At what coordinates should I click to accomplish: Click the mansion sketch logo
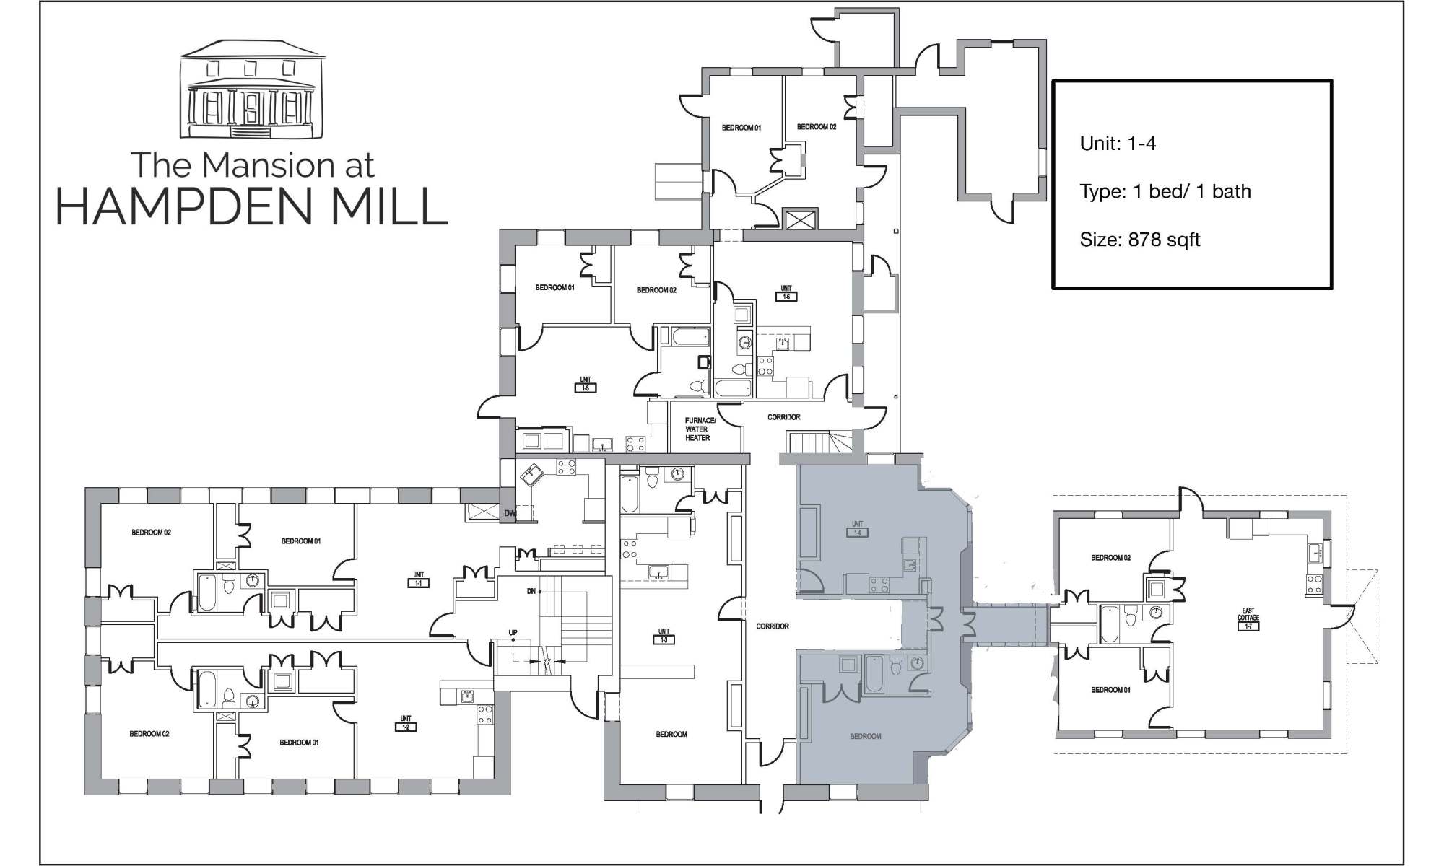[x=252, y=89]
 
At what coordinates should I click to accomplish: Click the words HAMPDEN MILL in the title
[x=252, y=206]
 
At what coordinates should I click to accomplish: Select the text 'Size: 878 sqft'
[x=1140, y=240]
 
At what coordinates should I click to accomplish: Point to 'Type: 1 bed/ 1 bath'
[x=1165, y=191]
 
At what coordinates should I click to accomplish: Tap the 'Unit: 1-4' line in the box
[x=1118, y=144]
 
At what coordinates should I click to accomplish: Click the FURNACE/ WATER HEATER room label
[x=700, y=429]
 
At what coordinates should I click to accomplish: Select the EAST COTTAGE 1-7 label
[x=1248, y=619]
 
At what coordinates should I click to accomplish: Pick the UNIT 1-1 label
[x=418, y=579]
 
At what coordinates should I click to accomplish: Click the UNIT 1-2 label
[x=406, y=723]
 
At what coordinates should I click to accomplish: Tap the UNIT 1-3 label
[x=664, y=636]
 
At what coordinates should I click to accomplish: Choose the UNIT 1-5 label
[x=585, y=385]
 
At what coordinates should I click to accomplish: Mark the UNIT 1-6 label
[x=786, y=293]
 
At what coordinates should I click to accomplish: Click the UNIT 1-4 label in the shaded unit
[x=857, y=529]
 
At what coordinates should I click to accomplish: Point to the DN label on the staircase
[x=531, y=592]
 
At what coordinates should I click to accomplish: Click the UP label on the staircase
[x=513, y=633]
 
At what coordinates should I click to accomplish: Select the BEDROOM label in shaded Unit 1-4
[x=866, y=736]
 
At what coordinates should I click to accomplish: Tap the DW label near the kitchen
[x=510, y=514]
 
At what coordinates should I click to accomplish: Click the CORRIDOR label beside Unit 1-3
[x=772, y=626]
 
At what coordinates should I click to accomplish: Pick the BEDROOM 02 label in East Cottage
[x=1110, y=558]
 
